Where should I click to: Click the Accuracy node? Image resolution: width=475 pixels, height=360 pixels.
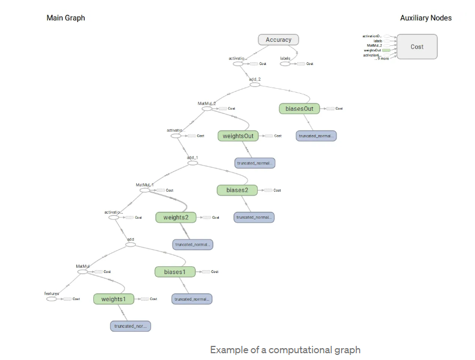[x=278, y=40]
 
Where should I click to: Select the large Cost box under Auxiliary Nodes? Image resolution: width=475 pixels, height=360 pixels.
[x=417, y=47]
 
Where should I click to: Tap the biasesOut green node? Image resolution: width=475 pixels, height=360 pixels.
[x=300, y=108]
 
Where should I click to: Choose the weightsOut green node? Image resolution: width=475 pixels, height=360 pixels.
[x=237, y=136]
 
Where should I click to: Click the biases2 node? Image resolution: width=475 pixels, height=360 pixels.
[x=237, y=190]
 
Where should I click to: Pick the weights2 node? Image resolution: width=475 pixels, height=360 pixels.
[x=176, y=217]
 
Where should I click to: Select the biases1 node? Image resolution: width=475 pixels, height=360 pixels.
[x=175, y=272]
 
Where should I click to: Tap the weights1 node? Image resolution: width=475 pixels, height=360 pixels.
[x=114, y=298]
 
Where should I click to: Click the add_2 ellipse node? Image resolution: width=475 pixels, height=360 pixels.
[x=254, y=85]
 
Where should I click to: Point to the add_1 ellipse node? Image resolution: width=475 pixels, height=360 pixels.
[x=192, y=163]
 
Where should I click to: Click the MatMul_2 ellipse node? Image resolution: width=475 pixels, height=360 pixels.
[x=207, y=109]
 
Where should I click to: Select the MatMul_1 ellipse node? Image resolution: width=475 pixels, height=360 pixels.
[x=145, y=190]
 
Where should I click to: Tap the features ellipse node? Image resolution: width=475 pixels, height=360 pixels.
[x=52, y=298]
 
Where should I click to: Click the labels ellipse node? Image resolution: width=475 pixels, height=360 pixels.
[x=286, y=63]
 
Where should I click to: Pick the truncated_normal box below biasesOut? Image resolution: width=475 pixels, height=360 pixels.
[x=316, y=136]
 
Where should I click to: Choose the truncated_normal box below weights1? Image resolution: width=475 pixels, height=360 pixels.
[x=131, y=326]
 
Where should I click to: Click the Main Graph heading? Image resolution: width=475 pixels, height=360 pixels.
[x=66, y=18]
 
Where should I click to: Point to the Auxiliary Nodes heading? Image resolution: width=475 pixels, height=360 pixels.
[x=426, y=18]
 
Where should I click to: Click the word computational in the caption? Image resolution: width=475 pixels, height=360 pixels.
[x=303, y=350]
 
